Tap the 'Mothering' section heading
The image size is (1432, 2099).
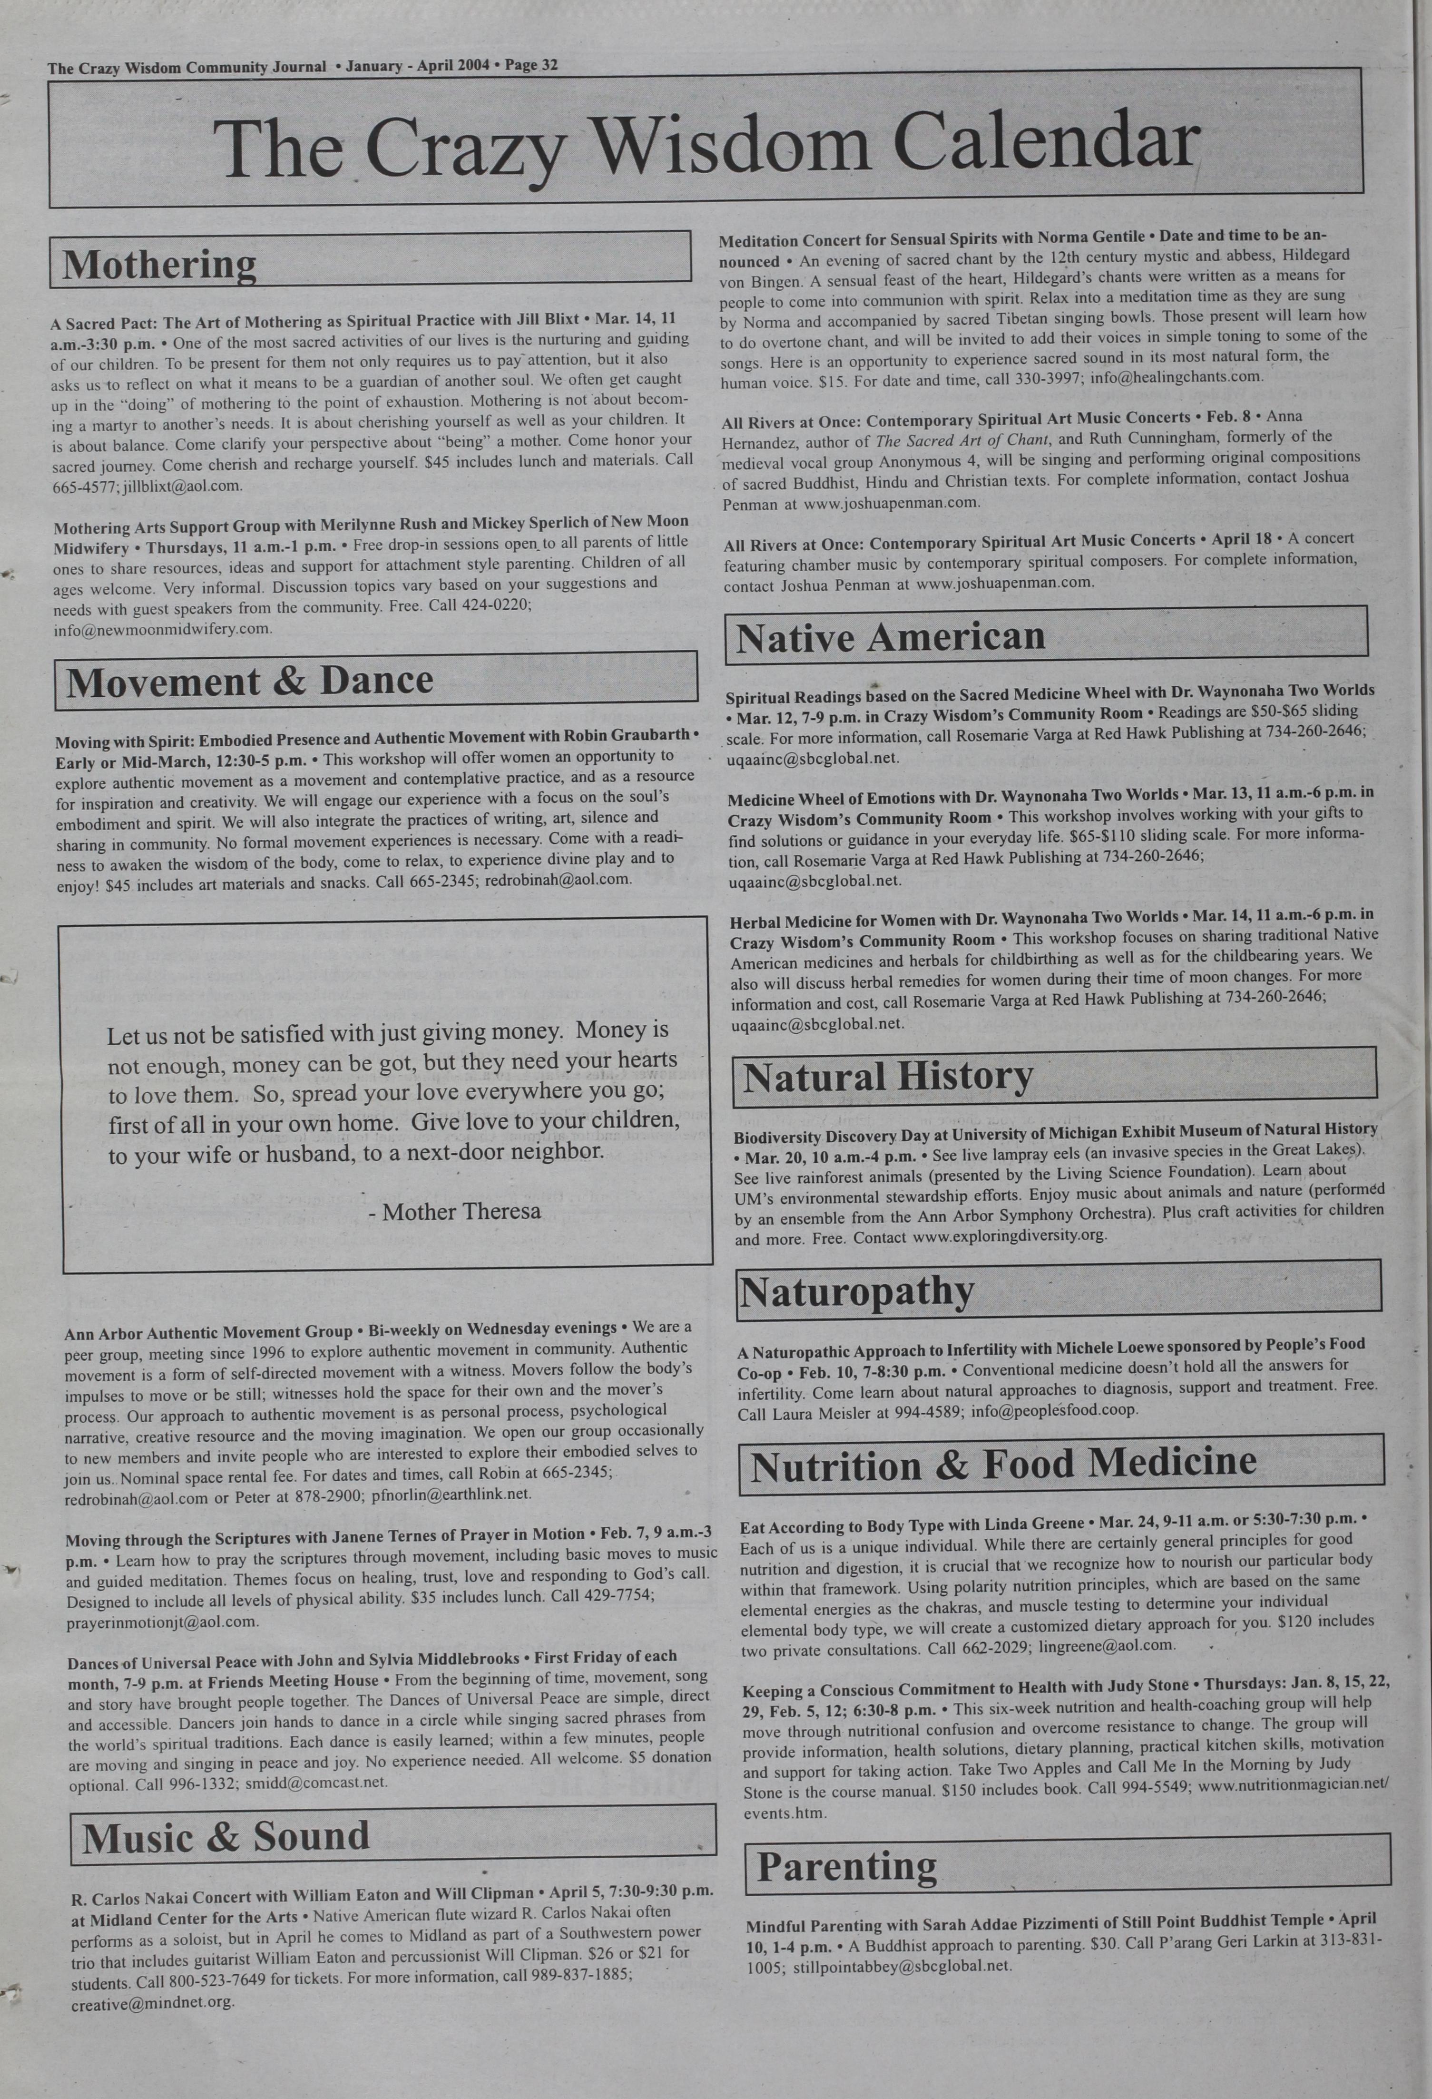click(160, 265)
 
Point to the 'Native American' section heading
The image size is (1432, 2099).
click(890, 638)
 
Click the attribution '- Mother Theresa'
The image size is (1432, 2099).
click(455, 1211)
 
